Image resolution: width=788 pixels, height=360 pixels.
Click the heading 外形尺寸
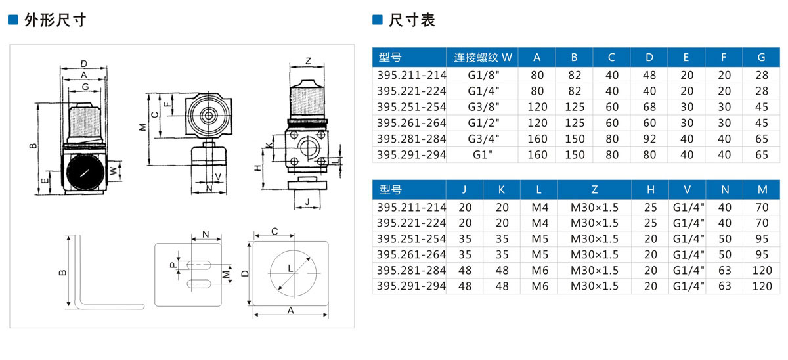pos(55,20)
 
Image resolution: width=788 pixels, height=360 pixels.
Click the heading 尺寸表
pos(412,20)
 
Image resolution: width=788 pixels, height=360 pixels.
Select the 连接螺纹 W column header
pos(483,57)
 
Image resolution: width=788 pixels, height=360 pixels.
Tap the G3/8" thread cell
pos(483,107)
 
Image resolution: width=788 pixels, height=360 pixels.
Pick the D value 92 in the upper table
pos(649,139)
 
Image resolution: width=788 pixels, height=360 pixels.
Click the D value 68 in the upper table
pos(649,107)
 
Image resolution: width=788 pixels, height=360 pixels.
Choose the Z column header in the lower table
pos(594,190)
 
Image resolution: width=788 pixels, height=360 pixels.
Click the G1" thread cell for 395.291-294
pos(482,155)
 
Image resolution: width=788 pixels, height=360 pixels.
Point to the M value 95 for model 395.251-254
pos(762,239)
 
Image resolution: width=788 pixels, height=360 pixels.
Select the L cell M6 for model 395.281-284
pos(540,271)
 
